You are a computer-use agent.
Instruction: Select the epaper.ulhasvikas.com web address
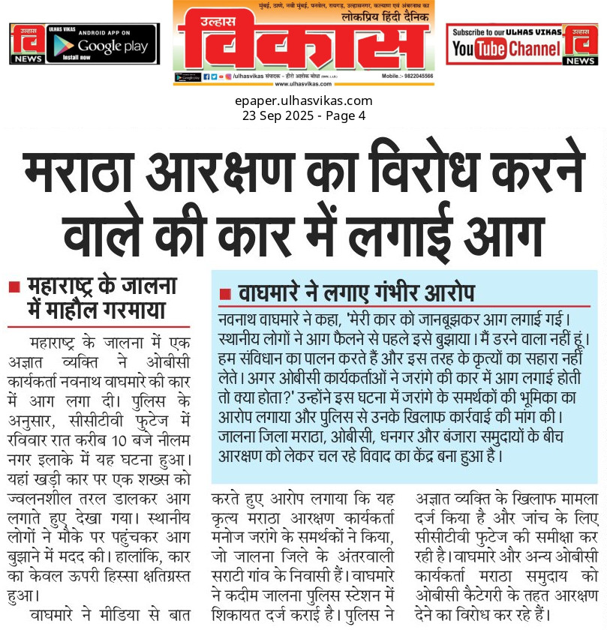pyautogui.click(x=303, y=100)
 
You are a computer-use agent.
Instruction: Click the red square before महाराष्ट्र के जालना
pyautogui.click(x=14, y=287)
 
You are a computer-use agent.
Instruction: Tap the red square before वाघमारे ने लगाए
pyautogui.click(x=224, y=292)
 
